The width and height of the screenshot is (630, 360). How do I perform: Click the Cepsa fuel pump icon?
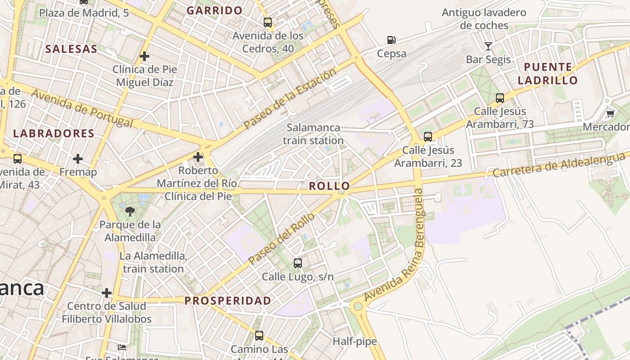pyautogui.click(x=391, y=40)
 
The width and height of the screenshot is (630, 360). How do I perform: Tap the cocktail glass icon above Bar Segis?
pyautogui.click(x=488, y=46)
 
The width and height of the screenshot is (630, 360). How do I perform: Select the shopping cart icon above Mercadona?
pyautogui.click(x=610, y=113)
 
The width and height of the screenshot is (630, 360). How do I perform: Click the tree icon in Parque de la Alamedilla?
pyautogui.click(x=130, y=211)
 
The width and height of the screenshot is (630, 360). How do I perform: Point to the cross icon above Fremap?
pyautogui.click(x=78, y=159)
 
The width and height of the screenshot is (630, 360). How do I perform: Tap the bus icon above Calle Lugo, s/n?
pyautogui.click(x=297, y=263)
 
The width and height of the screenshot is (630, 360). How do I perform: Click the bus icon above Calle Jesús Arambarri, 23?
pyautogui.click(x=427, y=136)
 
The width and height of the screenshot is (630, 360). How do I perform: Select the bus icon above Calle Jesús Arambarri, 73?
pyautogui.click(x=499, y=98)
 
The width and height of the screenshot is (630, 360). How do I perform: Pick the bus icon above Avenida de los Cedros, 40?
pyautogui.click(x=268, y=22)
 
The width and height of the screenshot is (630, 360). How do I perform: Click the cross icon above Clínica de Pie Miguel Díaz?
pyautogui.click(x=144, y=56)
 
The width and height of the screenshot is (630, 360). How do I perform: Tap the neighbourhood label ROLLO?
pyautogui.click(x=329, y=186)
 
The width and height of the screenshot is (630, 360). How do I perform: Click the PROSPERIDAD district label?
pyautogui.click(x=228, y=301)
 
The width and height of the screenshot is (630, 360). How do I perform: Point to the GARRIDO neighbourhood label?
pyautogui.click(x=215, y=10)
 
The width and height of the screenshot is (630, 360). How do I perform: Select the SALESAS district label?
pyautogui.click(x=72, y=49)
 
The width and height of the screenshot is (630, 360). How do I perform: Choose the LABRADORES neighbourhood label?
pyautogui.click(x=54, y=134)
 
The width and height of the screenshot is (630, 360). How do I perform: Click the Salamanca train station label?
pyautogui.click(x=313, y=134)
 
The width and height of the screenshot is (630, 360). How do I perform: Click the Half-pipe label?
pyautogui.click(x=355, y=342)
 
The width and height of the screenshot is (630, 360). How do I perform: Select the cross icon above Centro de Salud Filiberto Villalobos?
pyautogui.click(x=107, y=293)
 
